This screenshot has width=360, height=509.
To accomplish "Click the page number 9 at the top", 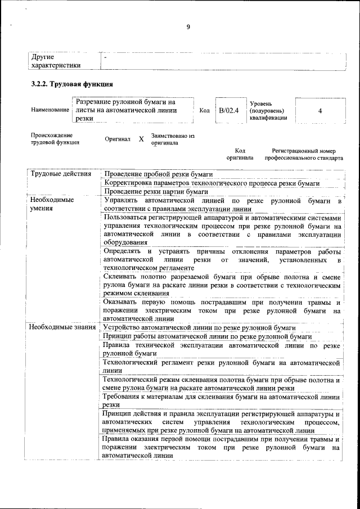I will [188, 27].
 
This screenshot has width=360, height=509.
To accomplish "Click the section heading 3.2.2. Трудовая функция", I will [72, 84].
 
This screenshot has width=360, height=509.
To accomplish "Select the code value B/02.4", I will [229, 111].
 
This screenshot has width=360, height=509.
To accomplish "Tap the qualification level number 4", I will [319, 111].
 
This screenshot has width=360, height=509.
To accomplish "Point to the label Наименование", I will [49, 110].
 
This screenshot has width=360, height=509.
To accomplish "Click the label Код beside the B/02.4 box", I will [204, 111].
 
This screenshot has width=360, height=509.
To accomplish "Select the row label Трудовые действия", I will [61, 174].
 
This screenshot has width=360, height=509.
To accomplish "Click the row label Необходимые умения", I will [52, 204].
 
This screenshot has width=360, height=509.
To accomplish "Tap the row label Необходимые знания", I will [62, 327].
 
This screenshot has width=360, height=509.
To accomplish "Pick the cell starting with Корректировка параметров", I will [211, 183].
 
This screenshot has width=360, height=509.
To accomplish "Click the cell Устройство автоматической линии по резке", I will [200, 327].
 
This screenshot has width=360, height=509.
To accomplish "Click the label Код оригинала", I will [240, 155].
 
